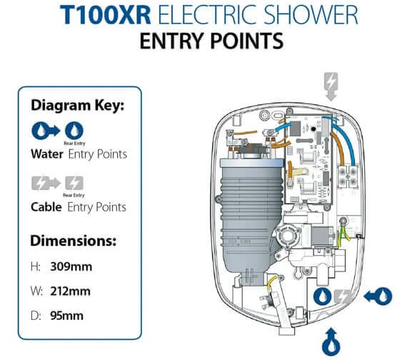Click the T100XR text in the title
click(106, 15)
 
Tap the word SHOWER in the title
click(311, 15)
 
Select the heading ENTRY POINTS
click(211, 41)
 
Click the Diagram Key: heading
click(78, 106)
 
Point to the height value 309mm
click(71, 266)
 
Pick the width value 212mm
click(71, 291)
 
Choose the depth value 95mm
click(66, 316)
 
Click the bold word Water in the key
click(47, 154)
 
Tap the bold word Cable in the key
click(46, 207)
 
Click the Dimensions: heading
click(74, 241)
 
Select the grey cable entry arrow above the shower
click(331, 86)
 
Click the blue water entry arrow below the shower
click(331, 341)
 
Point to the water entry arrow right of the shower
click(378, 296)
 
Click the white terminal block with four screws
click(348, 176)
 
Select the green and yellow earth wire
click(344, 232)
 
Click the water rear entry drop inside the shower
click(322, 296)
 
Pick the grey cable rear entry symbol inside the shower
click(342, 296)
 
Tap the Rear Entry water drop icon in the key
click(74, 131)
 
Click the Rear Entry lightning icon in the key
click(74, 183)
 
